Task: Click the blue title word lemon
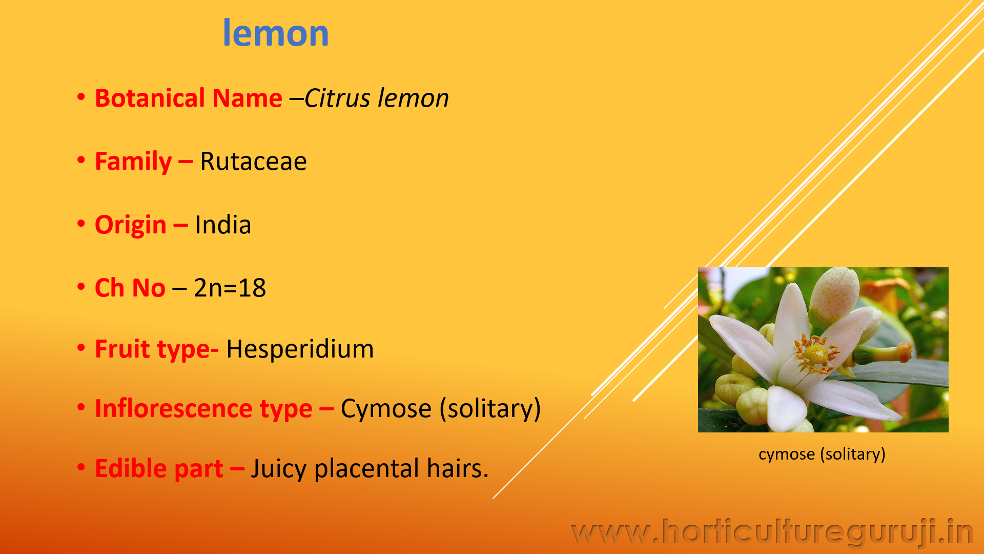click(x=276, y=33)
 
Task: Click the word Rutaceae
click(x=253, y=162)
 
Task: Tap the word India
click(x=223, y=225)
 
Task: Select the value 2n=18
click(x=230, y=288)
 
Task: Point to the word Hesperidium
click(x=300, y=349)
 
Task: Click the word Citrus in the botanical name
click(x=337, y=98)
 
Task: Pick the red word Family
click(x=133, y=162)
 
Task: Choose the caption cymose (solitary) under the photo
click(x=822, y=454)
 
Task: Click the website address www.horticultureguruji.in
click(x=772, y=532)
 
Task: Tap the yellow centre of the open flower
click(x=814, y=353)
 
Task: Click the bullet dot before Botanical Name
click(x=81, y=97)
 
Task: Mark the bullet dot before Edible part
click(x=81, y=467)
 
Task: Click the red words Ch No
click(x=130, y=288)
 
